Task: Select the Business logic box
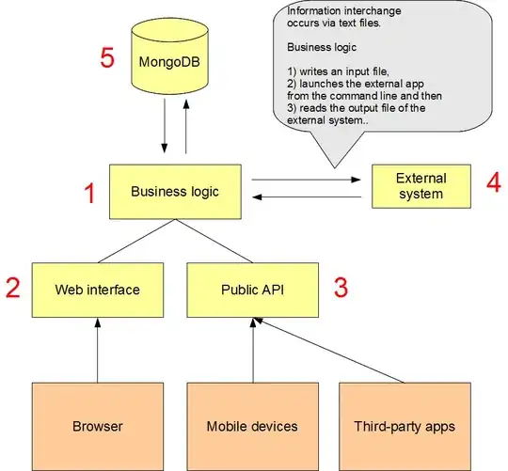click(x=175, y=192)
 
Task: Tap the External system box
click(x=421, y=185)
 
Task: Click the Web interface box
click(x=97, y=289)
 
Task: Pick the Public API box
click(x=250, y=289)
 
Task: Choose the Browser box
click(x=97, y=425)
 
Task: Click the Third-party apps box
click(x=405, y=425)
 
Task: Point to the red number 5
click(x=108, y=58)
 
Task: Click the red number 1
click(x=90, y=195)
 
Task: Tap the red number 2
click(x=12, y=288)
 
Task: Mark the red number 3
click(x=341, y=287)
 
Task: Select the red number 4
click(x=493, y=181)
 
